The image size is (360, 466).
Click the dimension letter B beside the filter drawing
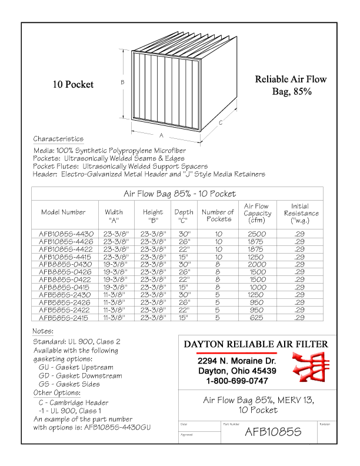tap(122, 82)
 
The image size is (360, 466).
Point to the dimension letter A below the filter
tap(161, 135)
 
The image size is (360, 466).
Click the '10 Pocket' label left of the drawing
tap(73, 85)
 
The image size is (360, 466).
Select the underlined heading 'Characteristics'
tap(58, 139)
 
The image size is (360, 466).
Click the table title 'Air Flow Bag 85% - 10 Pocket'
tap(179, 194)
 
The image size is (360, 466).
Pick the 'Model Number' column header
tap(63, 212)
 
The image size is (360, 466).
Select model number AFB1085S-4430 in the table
tap(66, 234)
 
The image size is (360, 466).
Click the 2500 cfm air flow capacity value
tap(256, 234)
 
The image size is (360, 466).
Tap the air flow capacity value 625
tap(256, 318)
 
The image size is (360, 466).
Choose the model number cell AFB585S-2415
tap(66, 318)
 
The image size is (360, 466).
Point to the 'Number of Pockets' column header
tap(218, 215)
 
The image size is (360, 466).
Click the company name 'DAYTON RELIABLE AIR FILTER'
tap(256, 344)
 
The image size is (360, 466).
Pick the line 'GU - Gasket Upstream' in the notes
tap(76, 367)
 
